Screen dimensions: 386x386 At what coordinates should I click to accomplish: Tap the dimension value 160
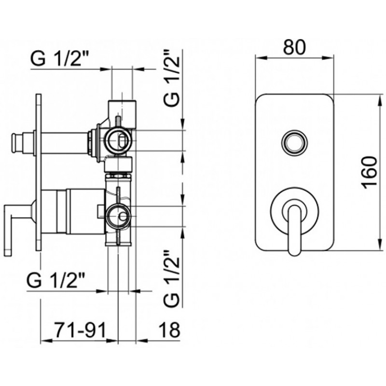click(x=370, y=173)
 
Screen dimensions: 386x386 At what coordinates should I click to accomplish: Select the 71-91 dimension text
click(x=81, y=330)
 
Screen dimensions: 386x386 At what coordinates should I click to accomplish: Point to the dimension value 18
click(x=169, y=330)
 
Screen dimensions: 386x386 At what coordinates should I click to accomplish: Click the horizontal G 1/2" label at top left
click(x=59, y=58)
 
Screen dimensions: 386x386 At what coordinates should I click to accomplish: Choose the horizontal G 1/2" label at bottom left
click(x=55, y=280)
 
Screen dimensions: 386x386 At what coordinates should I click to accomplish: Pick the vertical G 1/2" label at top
click(x=172, y=78)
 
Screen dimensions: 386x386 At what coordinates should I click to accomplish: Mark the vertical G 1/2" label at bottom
click(x=171, y=278)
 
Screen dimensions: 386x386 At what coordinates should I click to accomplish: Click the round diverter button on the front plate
click(x=294, y=142)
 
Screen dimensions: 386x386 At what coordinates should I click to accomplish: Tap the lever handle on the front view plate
click(x=294, y=226)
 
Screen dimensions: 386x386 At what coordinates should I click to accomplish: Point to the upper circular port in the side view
click(x=117, y=141)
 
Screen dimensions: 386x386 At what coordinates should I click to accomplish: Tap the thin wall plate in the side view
click(x=38, y=172)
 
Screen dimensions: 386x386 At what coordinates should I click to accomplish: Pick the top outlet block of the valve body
click(x=123, y=114)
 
